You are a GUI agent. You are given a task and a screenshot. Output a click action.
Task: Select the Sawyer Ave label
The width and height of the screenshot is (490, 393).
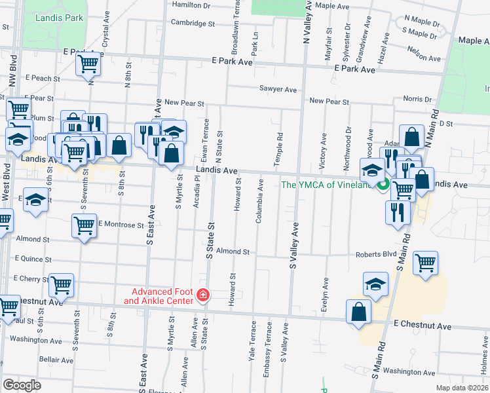tap(278, 89)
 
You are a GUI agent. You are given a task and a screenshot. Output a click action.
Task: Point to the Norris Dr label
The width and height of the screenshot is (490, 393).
tap(418, 99)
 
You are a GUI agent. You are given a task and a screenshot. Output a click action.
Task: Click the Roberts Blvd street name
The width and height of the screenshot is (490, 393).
tap(376, 254)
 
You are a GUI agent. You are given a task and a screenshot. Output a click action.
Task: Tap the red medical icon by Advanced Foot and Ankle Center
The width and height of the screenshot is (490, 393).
tap(203, 296)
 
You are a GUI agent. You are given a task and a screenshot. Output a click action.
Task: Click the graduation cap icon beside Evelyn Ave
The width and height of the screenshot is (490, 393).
tap(376, 284)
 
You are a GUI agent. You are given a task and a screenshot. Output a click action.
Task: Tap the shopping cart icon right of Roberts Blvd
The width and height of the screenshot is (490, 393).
tap(426, 263)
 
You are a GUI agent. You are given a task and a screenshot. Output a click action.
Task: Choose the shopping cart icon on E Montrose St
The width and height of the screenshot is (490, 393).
tap(85, 225)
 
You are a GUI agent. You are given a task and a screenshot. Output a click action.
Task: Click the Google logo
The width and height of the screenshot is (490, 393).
tap(22, 384)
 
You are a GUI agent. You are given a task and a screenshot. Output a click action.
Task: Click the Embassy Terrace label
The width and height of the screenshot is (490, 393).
tap(268, 358)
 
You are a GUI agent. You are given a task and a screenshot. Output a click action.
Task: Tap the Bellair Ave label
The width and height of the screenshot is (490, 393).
tap(56, 360)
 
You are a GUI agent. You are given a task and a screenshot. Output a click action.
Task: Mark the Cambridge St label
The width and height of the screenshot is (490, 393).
tap(193, 23)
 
